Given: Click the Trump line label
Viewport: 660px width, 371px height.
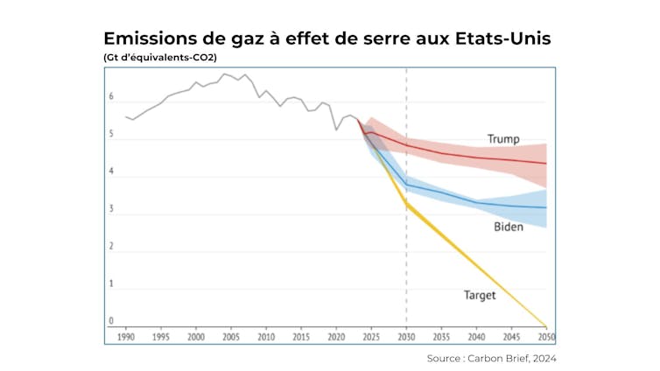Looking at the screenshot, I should click(503, 138).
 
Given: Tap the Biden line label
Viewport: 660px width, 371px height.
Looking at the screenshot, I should click(508, 227).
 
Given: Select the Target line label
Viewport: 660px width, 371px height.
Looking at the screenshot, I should click(480, 296).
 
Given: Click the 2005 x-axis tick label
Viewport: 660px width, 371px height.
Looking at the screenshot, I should click(231, 336).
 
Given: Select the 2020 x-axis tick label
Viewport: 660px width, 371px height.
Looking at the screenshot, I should click(336, 336).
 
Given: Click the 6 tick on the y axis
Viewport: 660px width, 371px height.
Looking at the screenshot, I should click(111, 97).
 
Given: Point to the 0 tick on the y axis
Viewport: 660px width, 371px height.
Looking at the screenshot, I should click(111, 321).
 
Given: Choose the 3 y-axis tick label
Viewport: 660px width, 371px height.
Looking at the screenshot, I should click(111, 209).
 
